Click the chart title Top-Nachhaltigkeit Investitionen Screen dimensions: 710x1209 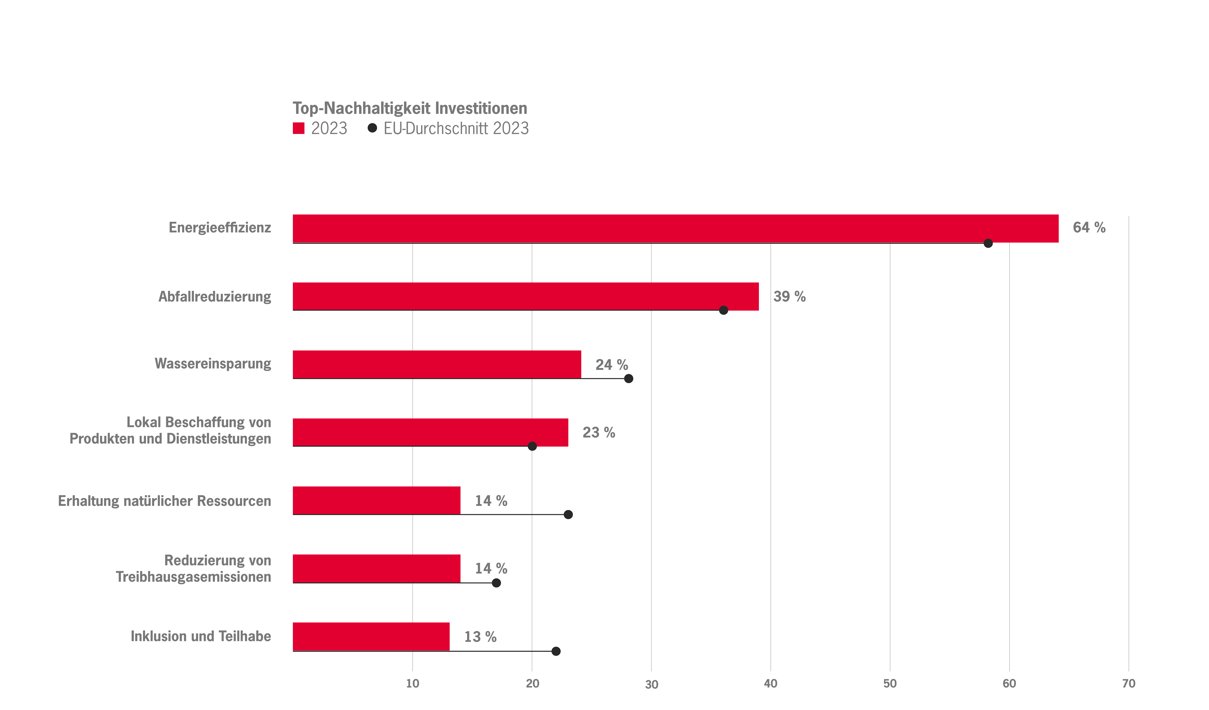pos(410,108)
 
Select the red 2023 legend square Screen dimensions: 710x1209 pos(298,128)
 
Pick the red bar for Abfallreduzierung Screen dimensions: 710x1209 pos(525,296)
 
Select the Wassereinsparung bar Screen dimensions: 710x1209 pos(437,364)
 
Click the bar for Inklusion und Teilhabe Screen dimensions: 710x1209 pos(371,637)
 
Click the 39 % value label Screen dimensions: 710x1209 pos(789,297)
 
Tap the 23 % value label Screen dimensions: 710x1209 pos(598,432)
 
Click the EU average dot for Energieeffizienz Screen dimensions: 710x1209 pos(988,243)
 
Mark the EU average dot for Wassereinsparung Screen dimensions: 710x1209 pos(628,379)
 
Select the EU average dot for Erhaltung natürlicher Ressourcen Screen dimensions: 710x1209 pos(568,515)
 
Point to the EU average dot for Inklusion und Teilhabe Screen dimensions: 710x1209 pos(556,651)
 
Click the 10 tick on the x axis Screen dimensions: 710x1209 pos(413,684)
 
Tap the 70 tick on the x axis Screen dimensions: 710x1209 pos(1128,684)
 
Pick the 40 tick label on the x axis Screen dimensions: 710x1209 pos(771,684)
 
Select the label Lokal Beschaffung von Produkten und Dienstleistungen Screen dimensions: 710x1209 pos(170,431)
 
